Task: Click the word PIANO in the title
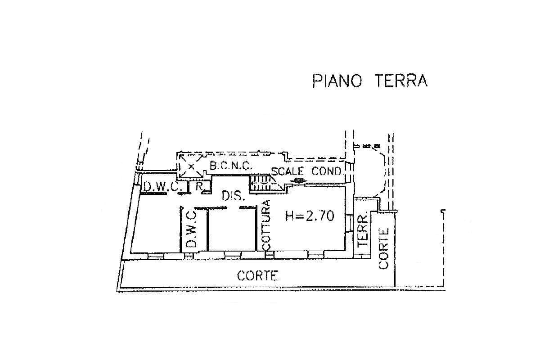[x=337, y=81]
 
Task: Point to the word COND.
[x=327, y=171]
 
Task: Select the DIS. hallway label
[x=233, y=197]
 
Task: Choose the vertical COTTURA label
[x=266, y=225]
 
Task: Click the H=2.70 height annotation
[x=310, y=216]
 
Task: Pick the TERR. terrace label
[x=363, y=229]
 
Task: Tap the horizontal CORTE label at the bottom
[x=257, y=275]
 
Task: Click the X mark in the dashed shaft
[x=191, y=166]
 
